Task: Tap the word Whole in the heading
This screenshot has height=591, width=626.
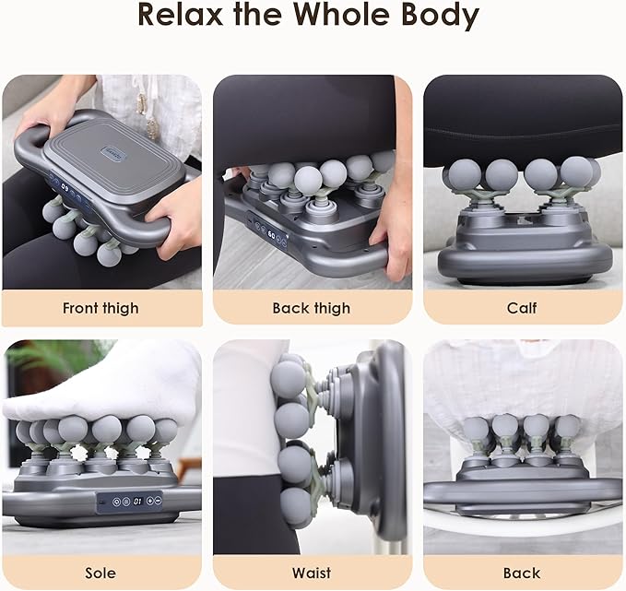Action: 357,17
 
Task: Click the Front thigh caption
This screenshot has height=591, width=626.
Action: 101,308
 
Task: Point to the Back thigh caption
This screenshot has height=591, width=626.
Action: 312,308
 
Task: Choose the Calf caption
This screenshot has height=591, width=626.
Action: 522,308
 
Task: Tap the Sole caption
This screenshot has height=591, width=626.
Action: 101,573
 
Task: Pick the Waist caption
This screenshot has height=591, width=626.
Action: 312,573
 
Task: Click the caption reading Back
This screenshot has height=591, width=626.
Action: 522,573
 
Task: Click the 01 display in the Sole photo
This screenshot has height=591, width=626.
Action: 137,502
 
